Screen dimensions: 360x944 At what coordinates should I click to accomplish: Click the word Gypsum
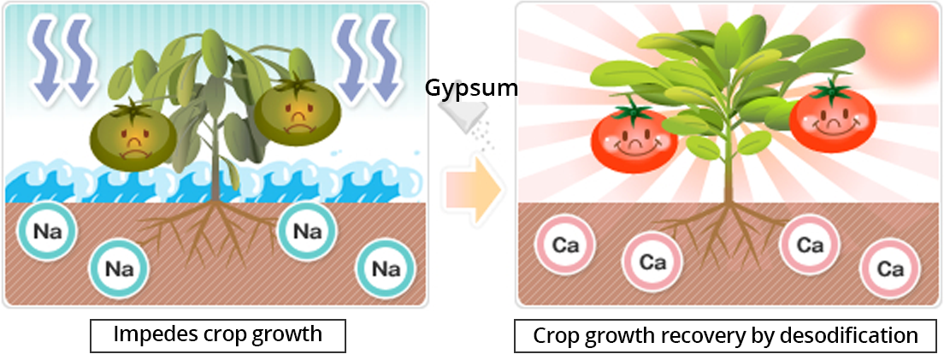(471, 89)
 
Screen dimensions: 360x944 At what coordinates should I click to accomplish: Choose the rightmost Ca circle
(890, 269)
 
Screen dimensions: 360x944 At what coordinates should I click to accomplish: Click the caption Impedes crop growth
(218, 334)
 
